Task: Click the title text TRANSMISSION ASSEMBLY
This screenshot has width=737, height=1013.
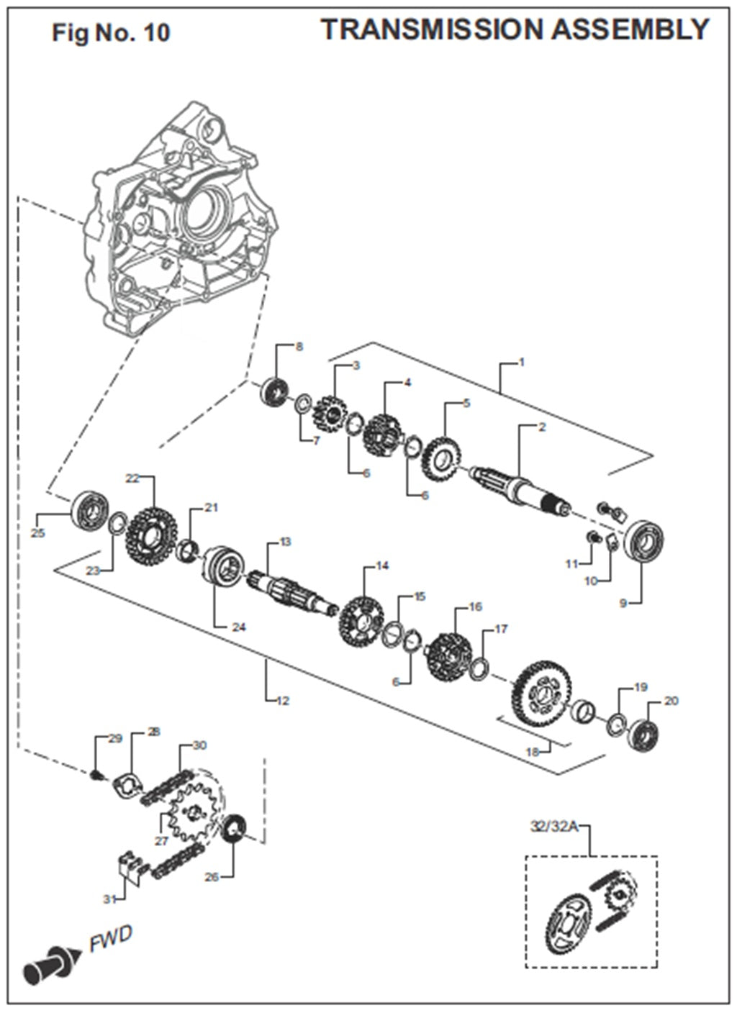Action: tap(515, 30)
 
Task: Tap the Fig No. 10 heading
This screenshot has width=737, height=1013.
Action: tap(111, 33)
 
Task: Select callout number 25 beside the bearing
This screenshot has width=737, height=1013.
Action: tap(38, 533)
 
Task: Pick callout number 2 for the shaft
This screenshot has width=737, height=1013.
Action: tap(542, 427)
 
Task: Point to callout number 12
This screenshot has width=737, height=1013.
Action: tap(283, 700)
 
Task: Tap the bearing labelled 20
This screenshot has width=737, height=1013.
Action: tap(644, 731)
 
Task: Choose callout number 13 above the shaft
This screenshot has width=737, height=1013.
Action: tap(286, 541)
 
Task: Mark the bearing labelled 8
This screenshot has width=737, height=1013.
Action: tap(274, 392)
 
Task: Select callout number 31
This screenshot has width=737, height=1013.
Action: tap(109, 899)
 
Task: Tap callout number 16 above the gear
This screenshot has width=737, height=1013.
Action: tap(475, 607)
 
